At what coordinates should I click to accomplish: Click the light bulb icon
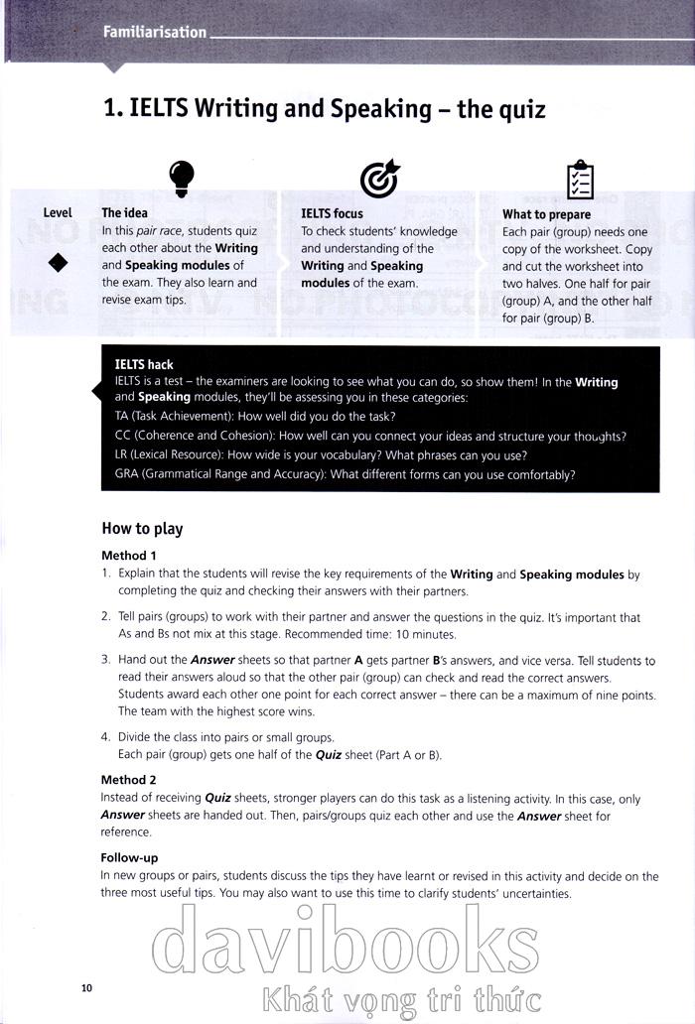(x=181, y=176)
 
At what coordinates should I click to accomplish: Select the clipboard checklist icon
(x=579, y=179)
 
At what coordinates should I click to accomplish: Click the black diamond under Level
(x=58, y=262)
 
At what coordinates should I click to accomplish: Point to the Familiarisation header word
(x=154, y=32)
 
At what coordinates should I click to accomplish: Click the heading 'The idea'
(x=124, y=212)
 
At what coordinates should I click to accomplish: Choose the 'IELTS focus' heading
(x=332, y=213)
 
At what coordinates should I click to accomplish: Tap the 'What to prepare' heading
(x=546, y=214)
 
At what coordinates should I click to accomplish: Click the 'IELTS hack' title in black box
(x=144, y=365)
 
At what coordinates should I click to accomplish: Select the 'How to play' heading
(x=142, y=529)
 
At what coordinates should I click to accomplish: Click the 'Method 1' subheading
(x=129, y=556)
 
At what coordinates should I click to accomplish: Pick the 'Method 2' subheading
(x=129, y=780)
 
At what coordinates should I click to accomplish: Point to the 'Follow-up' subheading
(x=129, y=857)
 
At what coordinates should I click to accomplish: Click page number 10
(x=86, y=987)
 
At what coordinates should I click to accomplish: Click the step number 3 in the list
(x=105, y=661)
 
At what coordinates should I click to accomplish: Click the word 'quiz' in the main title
(x=516, y=108)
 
